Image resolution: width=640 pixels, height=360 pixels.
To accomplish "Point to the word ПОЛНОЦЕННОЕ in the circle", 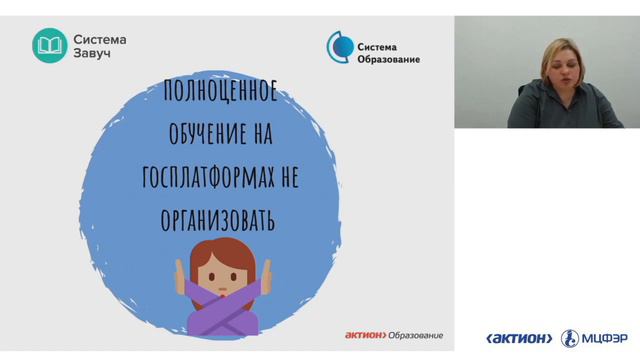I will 221,99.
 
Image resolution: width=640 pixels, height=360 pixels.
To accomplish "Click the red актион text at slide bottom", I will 365,335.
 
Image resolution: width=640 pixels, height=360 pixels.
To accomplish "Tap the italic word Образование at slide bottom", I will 416,335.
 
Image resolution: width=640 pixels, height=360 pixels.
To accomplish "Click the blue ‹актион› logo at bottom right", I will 519,338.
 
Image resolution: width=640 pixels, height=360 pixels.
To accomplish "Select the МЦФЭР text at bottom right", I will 604,338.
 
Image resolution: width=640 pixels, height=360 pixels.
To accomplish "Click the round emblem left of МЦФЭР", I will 569,338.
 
